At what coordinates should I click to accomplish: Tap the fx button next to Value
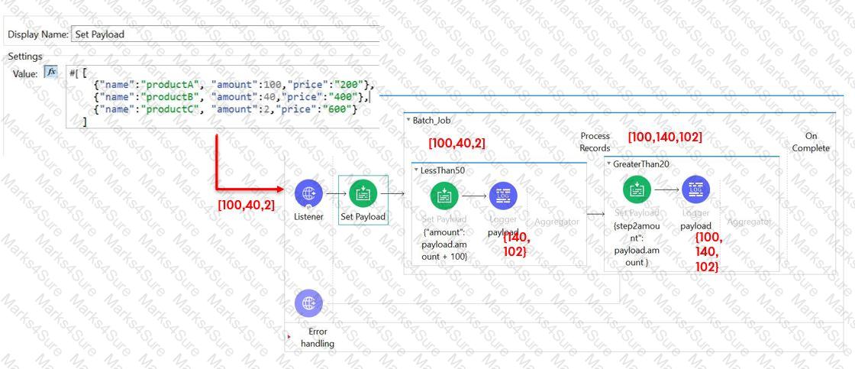coord(51,72)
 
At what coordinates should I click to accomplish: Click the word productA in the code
coord(169,83)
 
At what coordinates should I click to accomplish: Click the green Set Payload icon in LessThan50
coord(444,196)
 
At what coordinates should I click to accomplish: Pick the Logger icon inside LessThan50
coord(503,196)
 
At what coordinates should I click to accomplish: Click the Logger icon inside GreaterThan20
coord(695,189)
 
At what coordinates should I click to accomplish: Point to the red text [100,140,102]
coord(664,138)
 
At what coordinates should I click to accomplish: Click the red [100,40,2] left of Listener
coord(247,204)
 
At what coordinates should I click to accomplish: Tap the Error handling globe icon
coord(308,303)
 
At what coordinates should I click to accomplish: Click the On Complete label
coord(811,141)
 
